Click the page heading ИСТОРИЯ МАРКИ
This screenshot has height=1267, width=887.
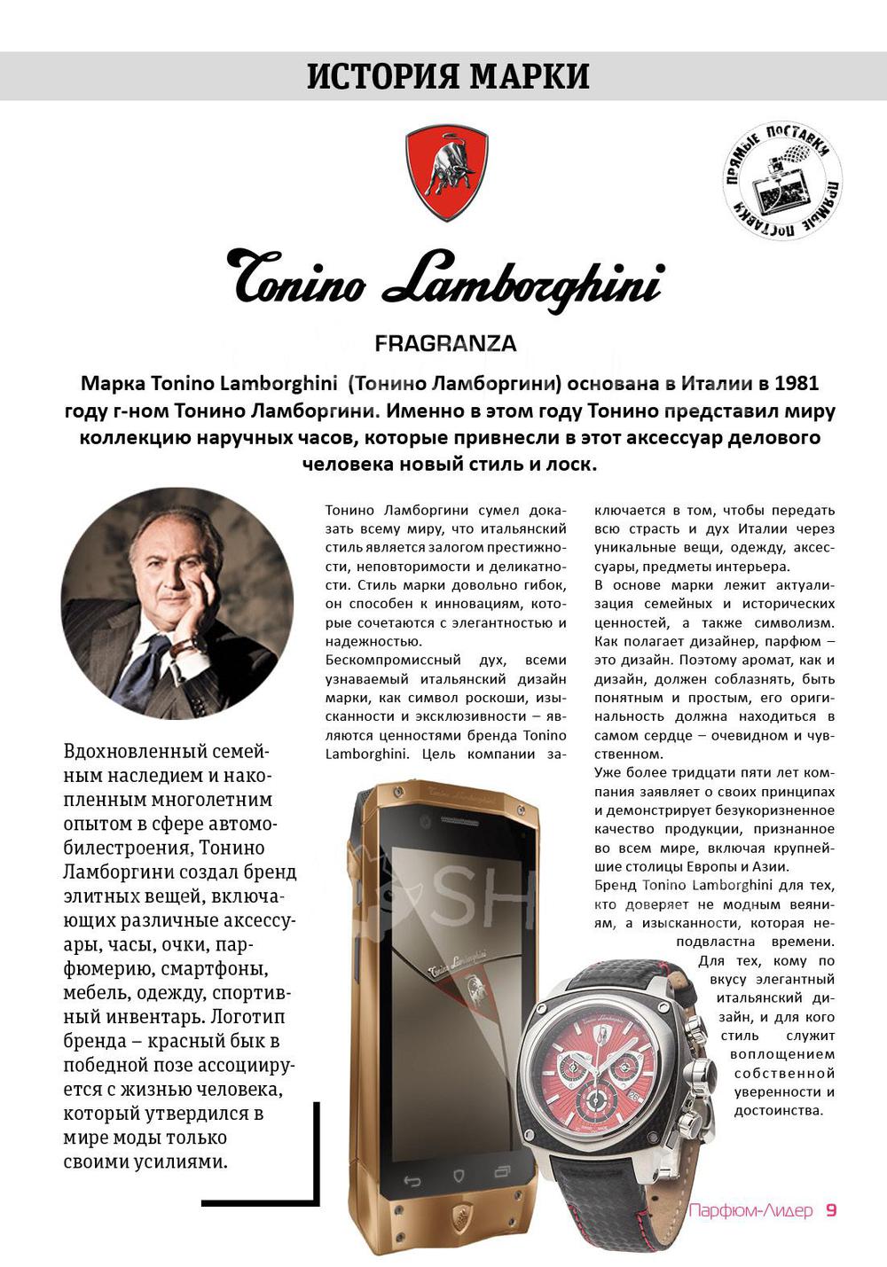coord(448,76)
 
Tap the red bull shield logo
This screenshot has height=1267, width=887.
coord(446,172)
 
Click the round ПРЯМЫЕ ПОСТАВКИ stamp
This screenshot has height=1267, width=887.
coord(781,181)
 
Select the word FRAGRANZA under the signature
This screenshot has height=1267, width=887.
coord(445,343)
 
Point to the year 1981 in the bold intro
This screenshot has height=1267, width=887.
coord(796,384)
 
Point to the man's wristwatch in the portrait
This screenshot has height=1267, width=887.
coord(187,647)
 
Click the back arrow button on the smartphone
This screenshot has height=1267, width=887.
coord(412,1180)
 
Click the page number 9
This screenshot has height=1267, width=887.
coord(831,1210)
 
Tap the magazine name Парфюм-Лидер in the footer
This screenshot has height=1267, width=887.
coord(750,1210)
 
